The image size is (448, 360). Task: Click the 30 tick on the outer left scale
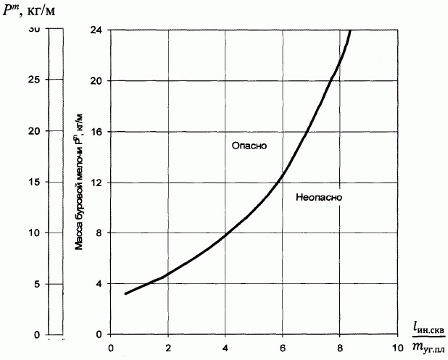47,29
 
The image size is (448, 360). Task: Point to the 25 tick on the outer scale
47,80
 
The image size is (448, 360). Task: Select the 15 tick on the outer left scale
47,182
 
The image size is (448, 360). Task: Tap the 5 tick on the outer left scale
47,284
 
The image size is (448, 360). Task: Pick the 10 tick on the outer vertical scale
47,233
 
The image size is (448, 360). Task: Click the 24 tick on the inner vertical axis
110,29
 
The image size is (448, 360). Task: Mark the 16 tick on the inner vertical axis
110,131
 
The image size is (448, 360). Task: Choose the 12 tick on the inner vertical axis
110,182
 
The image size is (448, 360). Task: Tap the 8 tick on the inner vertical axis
110,233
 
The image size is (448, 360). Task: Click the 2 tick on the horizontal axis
167,335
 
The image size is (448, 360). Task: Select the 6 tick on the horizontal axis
282,335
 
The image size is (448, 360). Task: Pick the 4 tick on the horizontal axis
225,335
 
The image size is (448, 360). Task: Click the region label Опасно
249,146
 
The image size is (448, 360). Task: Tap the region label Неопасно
319,196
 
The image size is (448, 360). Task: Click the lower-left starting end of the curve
125,293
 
